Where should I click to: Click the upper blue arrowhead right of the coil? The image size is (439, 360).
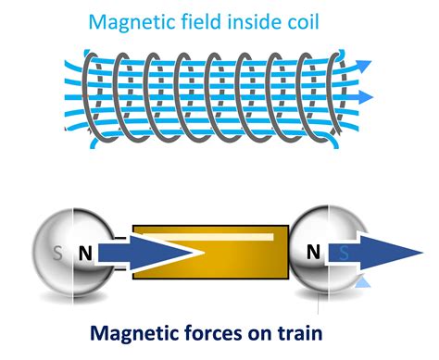366,66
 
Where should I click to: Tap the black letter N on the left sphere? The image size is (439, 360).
85,253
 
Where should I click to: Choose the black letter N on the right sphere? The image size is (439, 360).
314,251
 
